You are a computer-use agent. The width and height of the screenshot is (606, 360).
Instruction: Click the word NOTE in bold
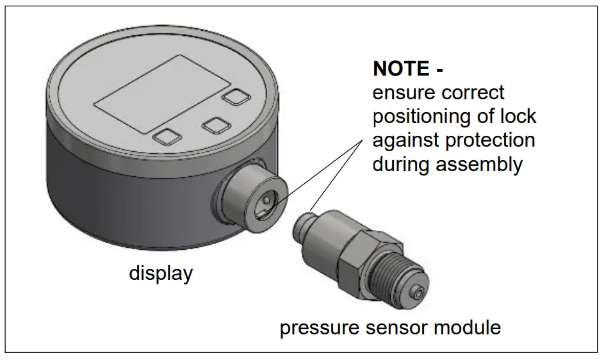401,69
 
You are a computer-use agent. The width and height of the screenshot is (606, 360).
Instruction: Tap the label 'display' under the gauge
161,274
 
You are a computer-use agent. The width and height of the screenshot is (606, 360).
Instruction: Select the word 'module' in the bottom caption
468,328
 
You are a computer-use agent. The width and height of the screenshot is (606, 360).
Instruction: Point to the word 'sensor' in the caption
398,329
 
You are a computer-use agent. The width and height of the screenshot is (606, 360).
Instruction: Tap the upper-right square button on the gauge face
235,97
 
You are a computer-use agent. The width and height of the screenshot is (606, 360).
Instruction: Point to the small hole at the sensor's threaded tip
418,293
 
